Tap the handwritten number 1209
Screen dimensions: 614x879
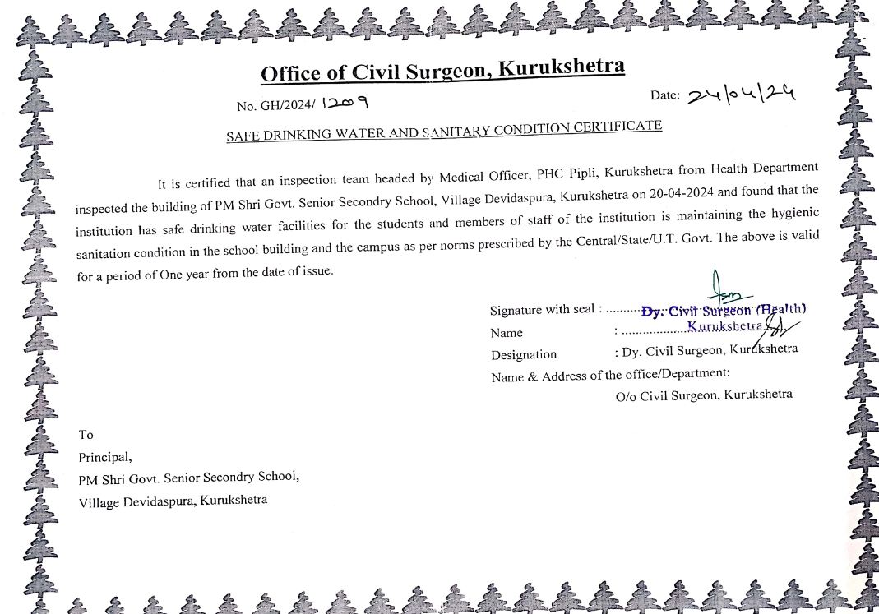coord(345,103)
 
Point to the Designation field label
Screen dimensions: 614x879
coord(524,355)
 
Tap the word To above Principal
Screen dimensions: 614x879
coord(86,435)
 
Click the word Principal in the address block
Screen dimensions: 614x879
coord(104,457)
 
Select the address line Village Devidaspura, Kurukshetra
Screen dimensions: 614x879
coord(173,501)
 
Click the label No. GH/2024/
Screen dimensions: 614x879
coord(275,105)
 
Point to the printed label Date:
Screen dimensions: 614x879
coord(664,95)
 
